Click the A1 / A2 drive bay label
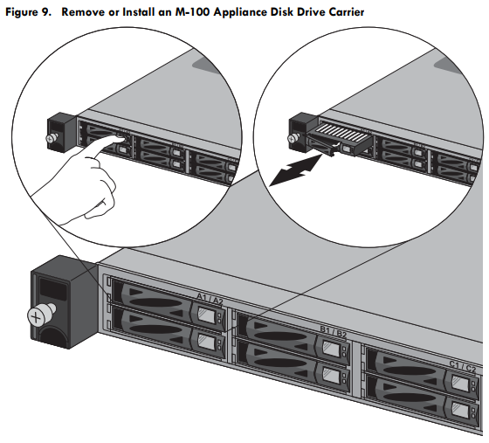tap(210, 299)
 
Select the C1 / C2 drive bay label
tap(463, 366)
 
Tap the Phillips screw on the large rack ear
tap(37, 317)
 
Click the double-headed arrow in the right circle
tap(295, 170)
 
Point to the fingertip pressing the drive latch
tap(121, 137)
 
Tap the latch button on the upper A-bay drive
tap(207, 315)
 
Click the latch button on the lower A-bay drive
tap(206, 342)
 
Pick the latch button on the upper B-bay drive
tap(330, 348)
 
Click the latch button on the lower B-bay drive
tap(330, 374)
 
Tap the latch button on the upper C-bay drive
tap(460, 383)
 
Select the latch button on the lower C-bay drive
tap(459, 410)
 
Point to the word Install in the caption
tap(136, 12)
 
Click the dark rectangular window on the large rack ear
tap(52, 288)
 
